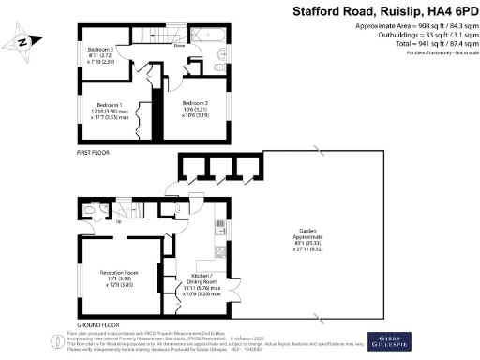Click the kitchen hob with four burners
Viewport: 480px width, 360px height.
tap(218, 250)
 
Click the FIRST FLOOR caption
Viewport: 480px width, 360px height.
tap(89, 150)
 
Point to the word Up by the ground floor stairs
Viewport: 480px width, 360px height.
tap(120, 222)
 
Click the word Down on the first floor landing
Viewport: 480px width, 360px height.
tap(178, 44)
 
